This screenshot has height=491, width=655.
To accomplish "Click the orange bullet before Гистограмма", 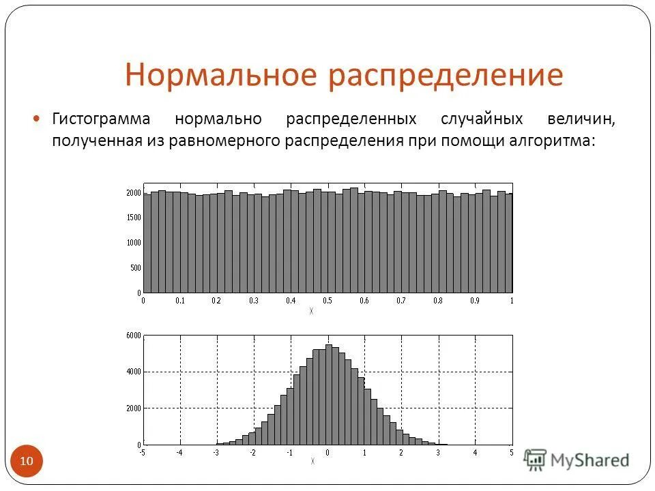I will (x=38, y=119).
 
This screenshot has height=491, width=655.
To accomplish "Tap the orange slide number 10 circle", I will (x=27, y=462).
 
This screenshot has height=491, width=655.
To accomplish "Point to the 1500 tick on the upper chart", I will (x=134, y=218).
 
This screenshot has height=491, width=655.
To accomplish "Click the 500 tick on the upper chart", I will (x=136, y=267).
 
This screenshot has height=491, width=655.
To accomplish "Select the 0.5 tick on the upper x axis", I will (x=327, y=301).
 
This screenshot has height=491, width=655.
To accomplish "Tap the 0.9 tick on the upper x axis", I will (x=475, y=301).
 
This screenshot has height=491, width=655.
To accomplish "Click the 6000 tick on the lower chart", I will (x=134, y=336).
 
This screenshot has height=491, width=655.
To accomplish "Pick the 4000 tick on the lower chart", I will (x=134, y=372).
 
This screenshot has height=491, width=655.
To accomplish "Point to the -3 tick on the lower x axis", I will (x=216, y=452).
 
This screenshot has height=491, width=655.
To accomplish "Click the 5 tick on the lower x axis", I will (x=511, y=452).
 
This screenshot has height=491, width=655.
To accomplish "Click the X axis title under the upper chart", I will (x=311, y=311).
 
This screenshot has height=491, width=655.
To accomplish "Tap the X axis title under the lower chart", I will (x=313, y=462).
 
